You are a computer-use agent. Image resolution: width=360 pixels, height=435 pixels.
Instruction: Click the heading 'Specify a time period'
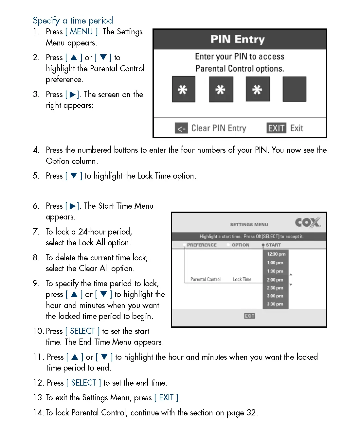73,21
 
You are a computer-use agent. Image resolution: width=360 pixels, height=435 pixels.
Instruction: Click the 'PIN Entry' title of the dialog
238,39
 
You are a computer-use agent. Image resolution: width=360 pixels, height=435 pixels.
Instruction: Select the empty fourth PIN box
294,89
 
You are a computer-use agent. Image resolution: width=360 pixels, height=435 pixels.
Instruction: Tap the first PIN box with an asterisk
184,89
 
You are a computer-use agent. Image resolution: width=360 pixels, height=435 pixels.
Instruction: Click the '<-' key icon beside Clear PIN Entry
181,128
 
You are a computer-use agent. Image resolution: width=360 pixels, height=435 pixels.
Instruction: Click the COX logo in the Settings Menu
308,223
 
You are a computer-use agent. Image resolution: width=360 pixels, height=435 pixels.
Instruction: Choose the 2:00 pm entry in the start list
275,280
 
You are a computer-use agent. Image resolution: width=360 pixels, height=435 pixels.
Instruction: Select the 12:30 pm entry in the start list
276,254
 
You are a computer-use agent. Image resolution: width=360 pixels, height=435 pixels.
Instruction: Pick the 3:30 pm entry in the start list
275,304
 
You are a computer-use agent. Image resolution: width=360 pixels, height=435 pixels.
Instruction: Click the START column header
273,245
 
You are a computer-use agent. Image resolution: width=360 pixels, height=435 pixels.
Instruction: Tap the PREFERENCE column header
202,245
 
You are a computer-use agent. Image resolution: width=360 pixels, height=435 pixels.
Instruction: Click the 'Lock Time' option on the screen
242,279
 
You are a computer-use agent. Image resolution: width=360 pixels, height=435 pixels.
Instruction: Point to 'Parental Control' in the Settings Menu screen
206,279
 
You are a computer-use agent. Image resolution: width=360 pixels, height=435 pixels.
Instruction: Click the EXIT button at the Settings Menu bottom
249,316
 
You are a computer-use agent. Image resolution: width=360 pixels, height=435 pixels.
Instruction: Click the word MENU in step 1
81,32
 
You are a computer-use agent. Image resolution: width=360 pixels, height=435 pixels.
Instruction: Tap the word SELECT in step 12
83,383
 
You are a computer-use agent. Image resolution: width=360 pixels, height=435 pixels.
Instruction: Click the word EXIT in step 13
166,397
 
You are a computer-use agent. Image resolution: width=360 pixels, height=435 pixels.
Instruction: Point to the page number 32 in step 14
251,412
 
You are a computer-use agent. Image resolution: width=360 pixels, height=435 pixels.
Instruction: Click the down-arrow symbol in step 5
74,176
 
